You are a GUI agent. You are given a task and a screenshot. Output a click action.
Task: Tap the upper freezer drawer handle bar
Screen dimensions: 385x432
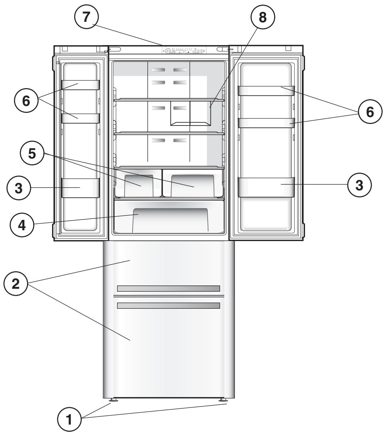point(168,289)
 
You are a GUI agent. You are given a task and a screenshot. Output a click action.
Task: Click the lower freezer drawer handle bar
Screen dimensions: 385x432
point(168,306)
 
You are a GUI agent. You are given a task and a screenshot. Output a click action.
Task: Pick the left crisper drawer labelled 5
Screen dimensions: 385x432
point(138,182)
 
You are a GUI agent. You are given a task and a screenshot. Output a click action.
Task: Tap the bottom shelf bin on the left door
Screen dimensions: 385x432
point(80,187)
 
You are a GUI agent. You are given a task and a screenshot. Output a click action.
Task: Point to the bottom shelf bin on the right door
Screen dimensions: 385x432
point(266,187)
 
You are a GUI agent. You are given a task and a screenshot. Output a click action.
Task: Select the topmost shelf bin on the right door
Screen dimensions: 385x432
point(266,90)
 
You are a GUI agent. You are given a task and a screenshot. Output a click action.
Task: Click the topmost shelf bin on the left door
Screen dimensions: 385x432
point(80,85)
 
